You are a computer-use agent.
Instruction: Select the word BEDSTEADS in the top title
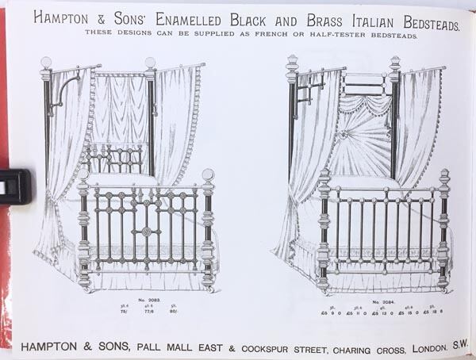[427, 20]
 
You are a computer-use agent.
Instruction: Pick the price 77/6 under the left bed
[148, 312]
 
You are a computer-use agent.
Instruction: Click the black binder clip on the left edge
[14, 186]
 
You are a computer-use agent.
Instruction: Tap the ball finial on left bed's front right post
[209, 175]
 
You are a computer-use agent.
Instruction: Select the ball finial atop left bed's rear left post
[46, 63]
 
